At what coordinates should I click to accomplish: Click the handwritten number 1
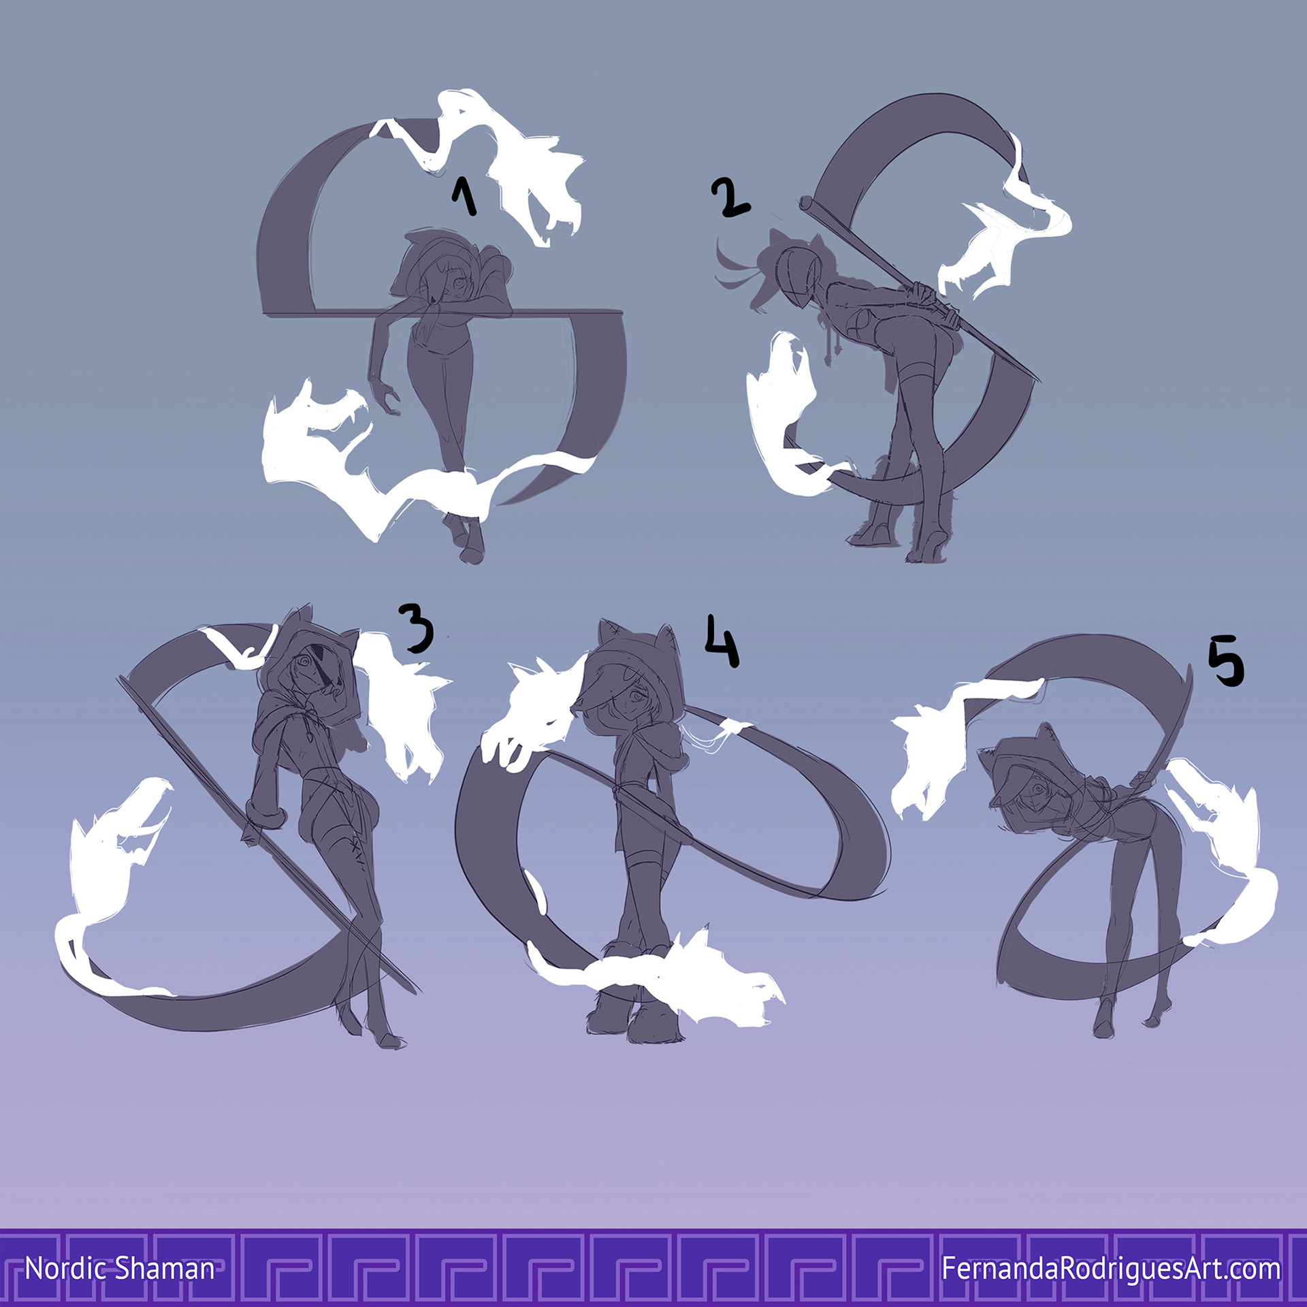[x=464, y=195]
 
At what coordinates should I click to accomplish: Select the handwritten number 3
[x=416, y=630]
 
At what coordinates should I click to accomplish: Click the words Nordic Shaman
[x=120, y=1269]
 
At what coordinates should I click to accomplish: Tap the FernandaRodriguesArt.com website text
[x=1111, y=1269]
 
